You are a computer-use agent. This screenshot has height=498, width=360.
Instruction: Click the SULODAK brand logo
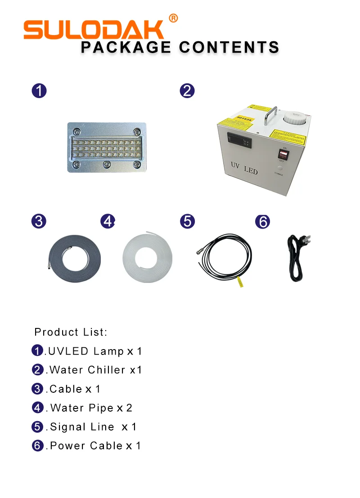point(94,30)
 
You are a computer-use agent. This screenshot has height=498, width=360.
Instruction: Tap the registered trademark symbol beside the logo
point(173,18)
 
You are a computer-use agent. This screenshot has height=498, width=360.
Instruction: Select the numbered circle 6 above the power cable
point(262,221)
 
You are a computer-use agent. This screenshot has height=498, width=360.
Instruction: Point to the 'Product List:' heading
point(71,332)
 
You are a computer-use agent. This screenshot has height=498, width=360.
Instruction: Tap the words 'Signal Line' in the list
point(82,426)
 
